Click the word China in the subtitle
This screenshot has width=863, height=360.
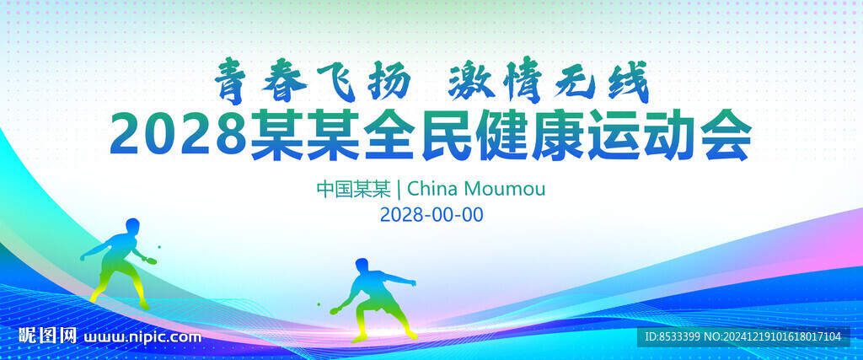(432, 189)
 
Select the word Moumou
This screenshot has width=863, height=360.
(505, 189)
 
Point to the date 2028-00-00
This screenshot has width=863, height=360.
(431, 215)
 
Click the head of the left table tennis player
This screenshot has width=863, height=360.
(132, 226)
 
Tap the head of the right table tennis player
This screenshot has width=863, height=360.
(362, 266)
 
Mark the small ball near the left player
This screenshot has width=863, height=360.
(159, 247)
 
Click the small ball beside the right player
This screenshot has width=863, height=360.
(318, 304)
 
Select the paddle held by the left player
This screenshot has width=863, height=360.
(150, 260)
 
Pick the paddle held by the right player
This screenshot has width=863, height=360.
(335, 311)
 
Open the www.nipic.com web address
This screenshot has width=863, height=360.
(142, 336)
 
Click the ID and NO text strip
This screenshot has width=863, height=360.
(743, 336)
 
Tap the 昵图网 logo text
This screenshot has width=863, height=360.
(47, 336)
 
